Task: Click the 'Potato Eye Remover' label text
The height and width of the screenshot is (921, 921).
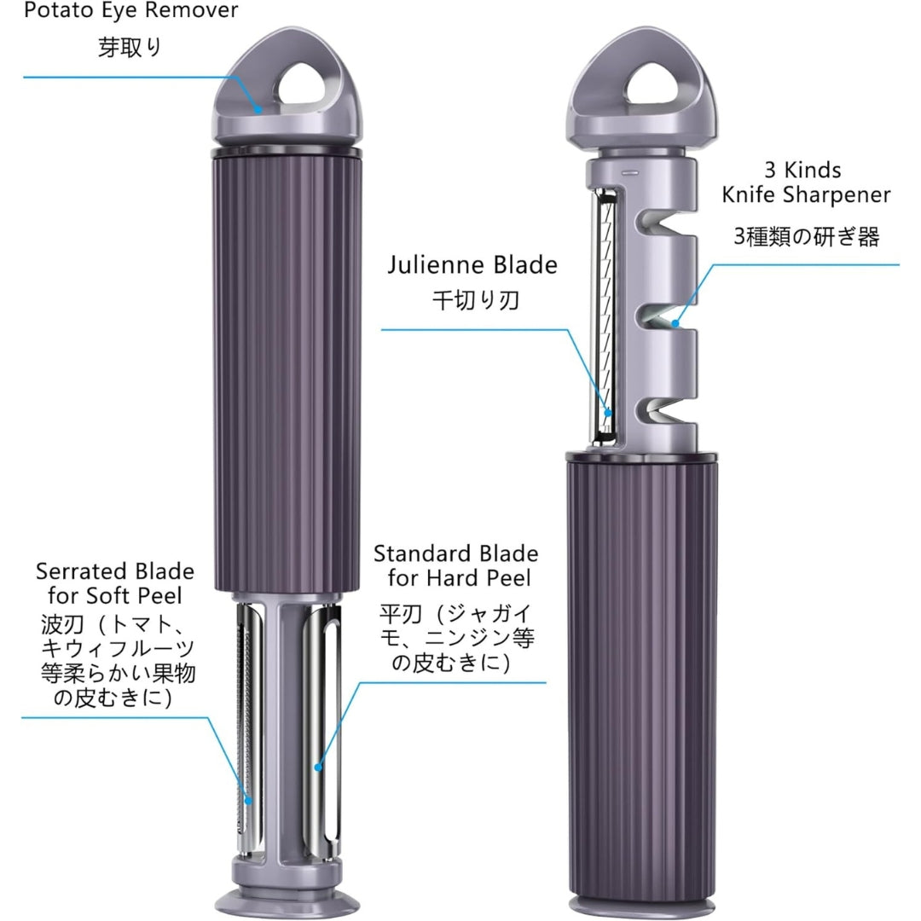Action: [130, 10]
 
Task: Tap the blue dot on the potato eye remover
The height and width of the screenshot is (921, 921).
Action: [258, 108]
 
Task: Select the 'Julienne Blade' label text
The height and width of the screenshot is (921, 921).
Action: [472, 265]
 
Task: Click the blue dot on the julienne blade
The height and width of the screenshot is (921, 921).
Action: [609, 414]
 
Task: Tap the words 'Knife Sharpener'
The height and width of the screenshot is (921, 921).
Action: [806, 194]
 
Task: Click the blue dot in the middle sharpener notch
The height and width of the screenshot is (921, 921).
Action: [675, 323]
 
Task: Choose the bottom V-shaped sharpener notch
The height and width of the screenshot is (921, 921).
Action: [661, 410]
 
